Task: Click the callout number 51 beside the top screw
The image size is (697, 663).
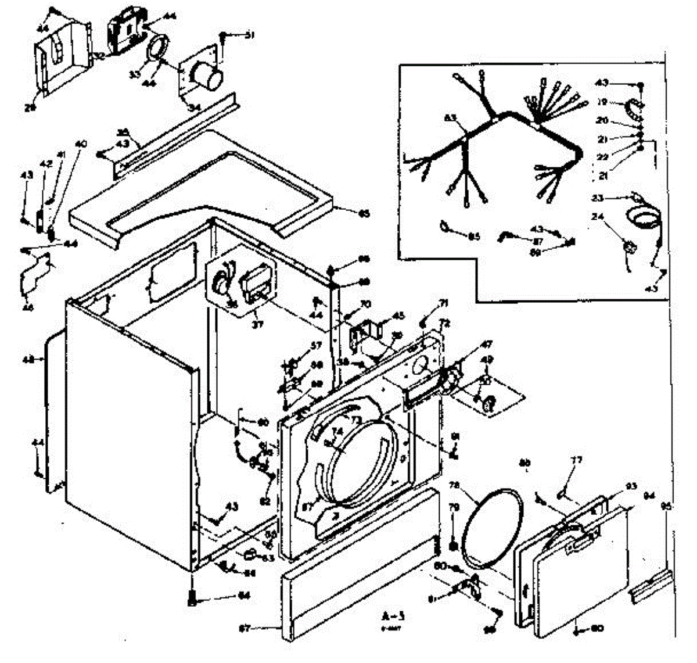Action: coord(250,36)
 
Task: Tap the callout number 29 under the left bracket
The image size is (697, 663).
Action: coord(30,107)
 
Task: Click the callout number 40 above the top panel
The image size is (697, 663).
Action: coord(81,144)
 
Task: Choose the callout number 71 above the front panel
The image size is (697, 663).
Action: coord(443,303)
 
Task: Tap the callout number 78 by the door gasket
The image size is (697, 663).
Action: coord(454,485)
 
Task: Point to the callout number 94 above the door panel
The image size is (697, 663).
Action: coord(649,496)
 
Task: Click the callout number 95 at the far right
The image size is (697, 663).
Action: coord(667,507)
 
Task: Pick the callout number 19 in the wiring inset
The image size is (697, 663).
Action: coord(602,102)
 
